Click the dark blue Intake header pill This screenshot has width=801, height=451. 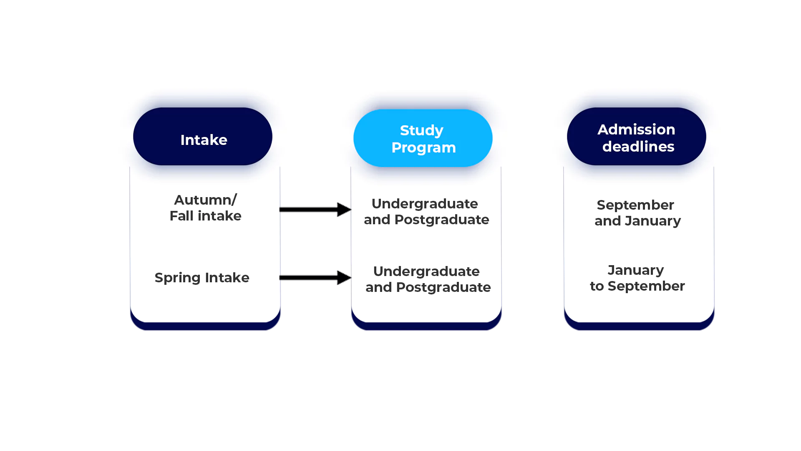(203, 137)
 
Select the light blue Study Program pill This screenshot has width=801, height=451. (423, 138)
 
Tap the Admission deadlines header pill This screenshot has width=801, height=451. (636, 137)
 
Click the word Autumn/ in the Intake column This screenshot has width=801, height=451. (205, 200)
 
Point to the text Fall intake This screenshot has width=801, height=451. (205, 216)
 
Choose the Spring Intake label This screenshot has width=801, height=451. (202, 278)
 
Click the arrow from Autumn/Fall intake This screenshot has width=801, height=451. (315, 209)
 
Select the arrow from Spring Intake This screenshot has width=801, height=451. (315, 277)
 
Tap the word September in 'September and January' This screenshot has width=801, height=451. (635, 205)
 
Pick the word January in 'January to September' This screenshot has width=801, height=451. (635, 270)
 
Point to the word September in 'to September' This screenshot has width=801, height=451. (646, 286)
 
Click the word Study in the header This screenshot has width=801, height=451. (421, 130)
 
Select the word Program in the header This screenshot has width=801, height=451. (423, 147)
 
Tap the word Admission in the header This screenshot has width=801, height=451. (636, 129)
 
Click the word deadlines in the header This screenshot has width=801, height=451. (638, 147)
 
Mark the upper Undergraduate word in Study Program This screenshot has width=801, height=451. (425, 204)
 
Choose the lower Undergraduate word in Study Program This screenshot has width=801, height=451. (426, 271)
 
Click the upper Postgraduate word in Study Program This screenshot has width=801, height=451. (442, 220)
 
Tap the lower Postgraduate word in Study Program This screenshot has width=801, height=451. (443, 287)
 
